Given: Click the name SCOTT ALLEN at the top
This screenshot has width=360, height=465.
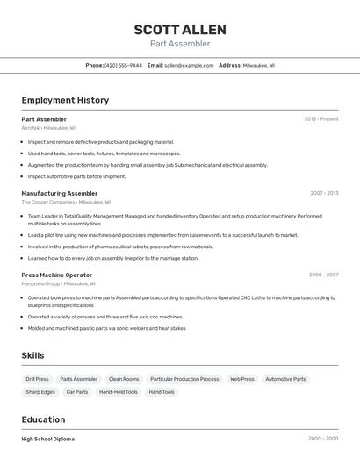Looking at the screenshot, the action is [x=180, y=29].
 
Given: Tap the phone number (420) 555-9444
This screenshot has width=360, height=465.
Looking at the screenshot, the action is [x=123, y=65].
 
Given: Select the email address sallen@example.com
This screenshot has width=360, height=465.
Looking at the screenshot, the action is [x=189, y=65].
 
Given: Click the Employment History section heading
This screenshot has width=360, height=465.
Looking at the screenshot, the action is [x=65, y=100].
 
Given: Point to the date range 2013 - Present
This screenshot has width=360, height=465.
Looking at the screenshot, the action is [x=320, y=118].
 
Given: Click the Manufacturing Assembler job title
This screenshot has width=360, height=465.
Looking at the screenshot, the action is [x=60, y=193].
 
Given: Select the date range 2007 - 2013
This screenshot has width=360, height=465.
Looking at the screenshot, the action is [x=323, y=193].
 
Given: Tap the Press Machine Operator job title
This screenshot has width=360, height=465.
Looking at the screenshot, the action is [x=56, y=275].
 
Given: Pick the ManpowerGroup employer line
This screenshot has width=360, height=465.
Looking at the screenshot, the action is [x=58, y=283].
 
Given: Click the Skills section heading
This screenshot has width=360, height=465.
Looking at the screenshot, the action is [x=33, y=355].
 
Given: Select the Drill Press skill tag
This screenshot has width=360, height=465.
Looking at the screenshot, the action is [x=38, y=379].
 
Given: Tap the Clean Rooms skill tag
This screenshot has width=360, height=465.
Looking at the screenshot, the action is [x=124, y=379].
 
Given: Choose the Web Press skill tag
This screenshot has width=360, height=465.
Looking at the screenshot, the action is [x=241, y=379].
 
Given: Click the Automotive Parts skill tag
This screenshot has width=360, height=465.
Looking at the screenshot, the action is [x=285, y=379].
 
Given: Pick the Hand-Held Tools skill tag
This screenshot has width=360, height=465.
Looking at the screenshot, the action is [x=119, y=392].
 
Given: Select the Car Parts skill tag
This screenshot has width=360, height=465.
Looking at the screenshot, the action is [x=76, y=392].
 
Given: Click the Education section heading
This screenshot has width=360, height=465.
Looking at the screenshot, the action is [x=44, y=419].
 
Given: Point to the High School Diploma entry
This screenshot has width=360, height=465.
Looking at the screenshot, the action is [x=48, y=439].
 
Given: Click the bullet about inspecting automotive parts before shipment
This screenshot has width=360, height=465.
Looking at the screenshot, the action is [x=76, y=176].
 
